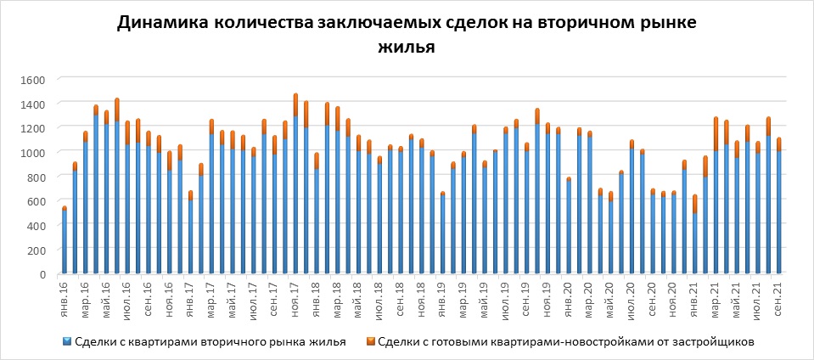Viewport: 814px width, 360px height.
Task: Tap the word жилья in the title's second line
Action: (408, 48)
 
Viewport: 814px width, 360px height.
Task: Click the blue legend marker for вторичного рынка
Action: (68, 342)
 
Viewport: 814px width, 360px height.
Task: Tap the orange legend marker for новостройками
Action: (372, 342)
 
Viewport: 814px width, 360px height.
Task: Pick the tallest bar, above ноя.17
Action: (295, 187)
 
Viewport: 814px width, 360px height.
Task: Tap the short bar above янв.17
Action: (191, 233)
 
